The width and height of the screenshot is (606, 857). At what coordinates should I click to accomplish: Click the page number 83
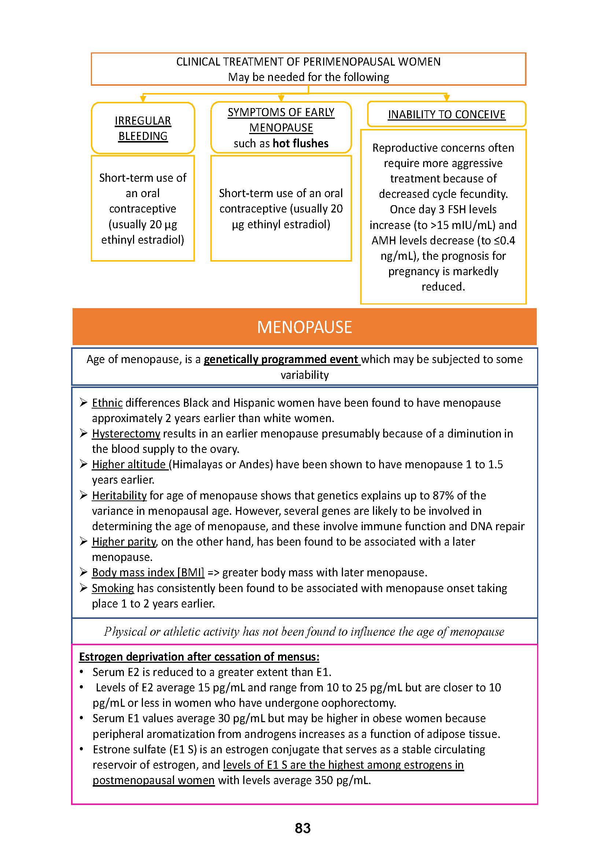[x=303, y=828]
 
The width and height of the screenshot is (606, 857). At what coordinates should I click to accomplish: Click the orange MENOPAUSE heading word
[x=304, y=327]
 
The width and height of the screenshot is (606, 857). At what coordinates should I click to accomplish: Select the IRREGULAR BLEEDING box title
[x=143, y=128]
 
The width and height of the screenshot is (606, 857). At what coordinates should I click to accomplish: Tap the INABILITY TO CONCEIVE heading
[x=446, y=114]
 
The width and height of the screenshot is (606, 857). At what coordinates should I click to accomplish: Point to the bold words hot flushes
[x=300, y=143]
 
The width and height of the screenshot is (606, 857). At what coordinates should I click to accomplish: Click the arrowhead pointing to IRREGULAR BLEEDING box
[x=143, y=99]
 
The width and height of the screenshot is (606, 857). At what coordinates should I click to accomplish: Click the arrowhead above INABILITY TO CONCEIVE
[x=446, y=98]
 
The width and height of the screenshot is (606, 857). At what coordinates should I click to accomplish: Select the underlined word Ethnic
[x=107, y=403]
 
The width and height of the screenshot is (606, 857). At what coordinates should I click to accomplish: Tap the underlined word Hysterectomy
[x=126, y=433]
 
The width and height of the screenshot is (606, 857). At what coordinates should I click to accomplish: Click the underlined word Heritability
[x=119, y=495]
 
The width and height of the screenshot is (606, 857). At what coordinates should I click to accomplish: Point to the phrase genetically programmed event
[x=281, y=359]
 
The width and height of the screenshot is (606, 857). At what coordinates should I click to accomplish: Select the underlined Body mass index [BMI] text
[x=148, y=572]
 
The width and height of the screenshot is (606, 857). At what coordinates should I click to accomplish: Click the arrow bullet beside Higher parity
[x=83, y=541]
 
